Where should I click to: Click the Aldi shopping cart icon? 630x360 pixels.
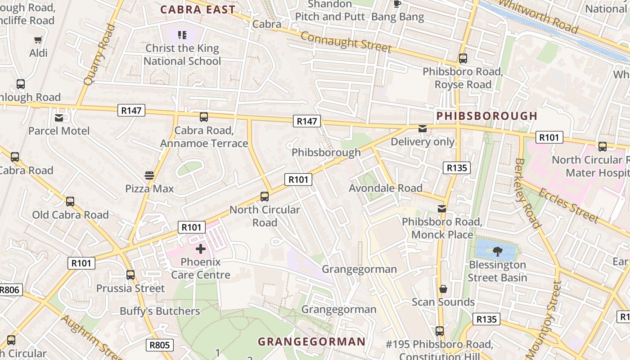point(38,40)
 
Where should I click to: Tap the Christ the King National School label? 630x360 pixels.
point(182,54)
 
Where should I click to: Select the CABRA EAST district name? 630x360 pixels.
point(198,9)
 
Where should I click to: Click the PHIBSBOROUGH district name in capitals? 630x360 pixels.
point(487,116)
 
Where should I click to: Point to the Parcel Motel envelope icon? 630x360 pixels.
point(59,118)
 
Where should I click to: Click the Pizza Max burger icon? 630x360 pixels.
point(149,175)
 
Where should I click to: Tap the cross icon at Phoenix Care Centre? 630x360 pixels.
point(201,248)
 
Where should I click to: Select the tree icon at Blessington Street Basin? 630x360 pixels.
point(497,252)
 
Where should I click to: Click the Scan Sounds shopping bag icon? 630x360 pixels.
point(443,288)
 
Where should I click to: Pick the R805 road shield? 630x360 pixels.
point(160,345)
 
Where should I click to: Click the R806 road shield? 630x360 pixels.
point(10,290)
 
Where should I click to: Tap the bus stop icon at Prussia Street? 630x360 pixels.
point(130,274)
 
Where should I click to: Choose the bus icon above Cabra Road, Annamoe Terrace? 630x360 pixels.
point(204,117)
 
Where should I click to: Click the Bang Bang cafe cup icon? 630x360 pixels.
point(397,4)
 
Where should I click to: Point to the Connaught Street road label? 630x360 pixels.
point(345,41)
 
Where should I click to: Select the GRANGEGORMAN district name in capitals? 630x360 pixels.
point(311,342)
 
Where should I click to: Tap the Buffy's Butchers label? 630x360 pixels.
point(160,311)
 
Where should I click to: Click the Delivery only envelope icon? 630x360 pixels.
point(422,129)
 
